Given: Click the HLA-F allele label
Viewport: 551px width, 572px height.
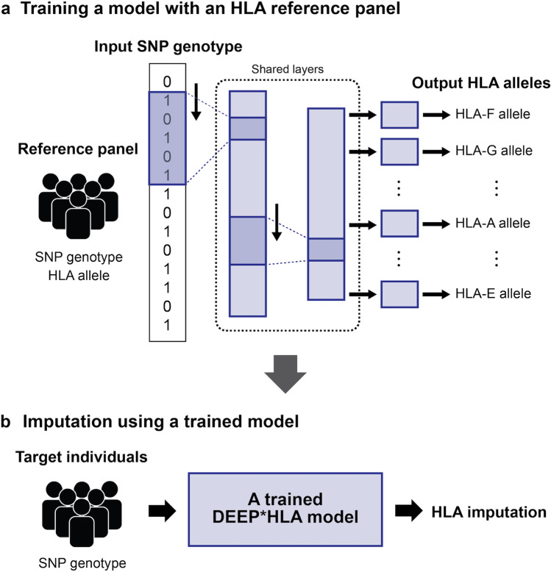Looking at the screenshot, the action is tap(493, 114).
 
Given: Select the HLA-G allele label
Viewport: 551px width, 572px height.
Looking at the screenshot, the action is tap(494, 151).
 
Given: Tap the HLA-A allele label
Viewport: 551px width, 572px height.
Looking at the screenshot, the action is tap(493, 223).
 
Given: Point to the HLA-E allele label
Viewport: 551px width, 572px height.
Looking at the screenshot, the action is tap(493, 293).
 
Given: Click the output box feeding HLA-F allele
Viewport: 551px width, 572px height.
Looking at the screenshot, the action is tap(399, 115).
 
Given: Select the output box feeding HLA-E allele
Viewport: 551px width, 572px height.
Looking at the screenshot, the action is tap(399, 294).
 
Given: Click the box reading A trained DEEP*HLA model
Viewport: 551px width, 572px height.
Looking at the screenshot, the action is tap(285, 510).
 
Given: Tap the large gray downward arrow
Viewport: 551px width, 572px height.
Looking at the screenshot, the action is tap(285, 374).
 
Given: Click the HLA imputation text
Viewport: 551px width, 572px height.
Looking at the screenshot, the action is tap(489, 512).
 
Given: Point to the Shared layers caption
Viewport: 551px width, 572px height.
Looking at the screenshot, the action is tap(288, 69).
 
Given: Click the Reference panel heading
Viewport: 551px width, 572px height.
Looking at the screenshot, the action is tap(78, 149).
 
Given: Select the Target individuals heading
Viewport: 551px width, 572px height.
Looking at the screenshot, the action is tap(82, 457).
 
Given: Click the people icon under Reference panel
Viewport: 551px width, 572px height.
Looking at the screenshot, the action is tap(79, 206).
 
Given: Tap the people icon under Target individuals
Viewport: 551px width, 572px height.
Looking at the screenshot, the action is tap(82, 514).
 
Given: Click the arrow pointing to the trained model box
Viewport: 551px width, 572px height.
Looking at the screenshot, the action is tap(163, 511).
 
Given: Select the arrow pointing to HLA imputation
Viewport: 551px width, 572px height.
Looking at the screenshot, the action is tap(409, 510).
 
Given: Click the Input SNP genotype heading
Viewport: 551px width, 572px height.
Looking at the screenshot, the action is tap(168, 47).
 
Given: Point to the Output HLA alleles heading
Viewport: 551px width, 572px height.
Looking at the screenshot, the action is tap(481, 83).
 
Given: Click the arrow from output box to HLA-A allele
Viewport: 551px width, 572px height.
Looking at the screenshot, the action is tap(436, 224).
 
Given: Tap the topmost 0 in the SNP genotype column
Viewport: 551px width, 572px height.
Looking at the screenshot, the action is tap(167, 82).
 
